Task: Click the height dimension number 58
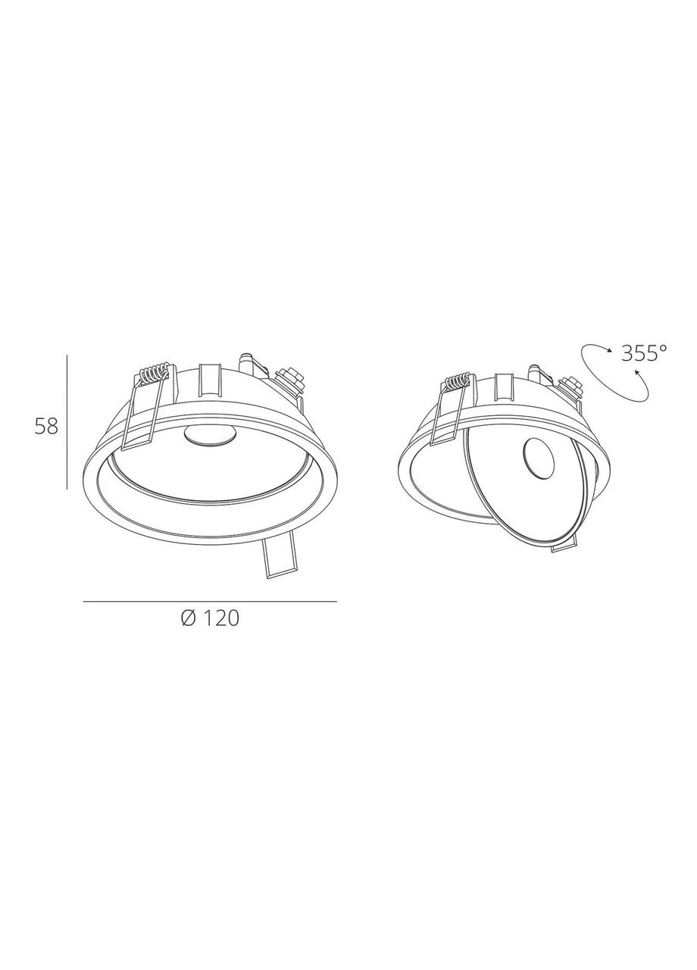click(46, 427)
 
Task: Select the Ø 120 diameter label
click(210, 619)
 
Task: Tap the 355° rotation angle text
click(644, 353)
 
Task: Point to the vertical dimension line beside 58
click(67, 422)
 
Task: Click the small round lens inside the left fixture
click(209, 435)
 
